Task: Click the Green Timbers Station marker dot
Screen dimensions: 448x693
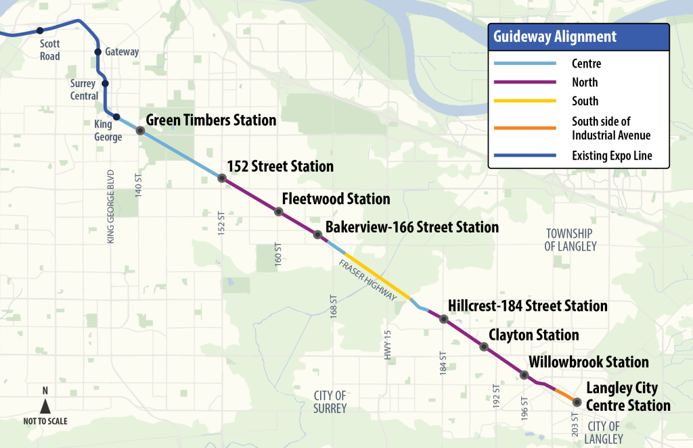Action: pyautogui.click(x=140, y=130)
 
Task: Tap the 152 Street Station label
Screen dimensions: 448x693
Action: pyautogui.click(x=280, y=166)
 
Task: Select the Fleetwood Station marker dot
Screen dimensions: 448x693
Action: pyautogui.click(x=278, y=211)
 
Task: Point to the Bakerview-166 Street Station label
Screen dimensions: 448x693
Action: pyautogui.click(x=412, y=228)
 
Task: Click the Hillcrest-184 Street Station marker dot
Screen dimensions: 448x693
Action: pyautogui.click(x=444, y=319)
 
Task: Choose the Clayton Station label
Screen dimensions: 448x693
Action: pyautogui.click(x=534, y=335)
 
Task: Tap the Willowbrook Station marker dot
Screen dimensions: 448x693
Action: pyautogui.click(x=524, y=374)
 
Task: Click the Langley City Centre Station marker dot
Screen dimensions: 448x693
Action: pyautogui.click(x=577, y=402)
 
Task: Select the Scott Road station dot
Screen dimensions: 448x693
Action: pyautogui.click(x=40, y=30)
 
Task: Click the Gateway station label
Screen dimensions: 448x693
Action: pyautogui.click(x=122, y=52)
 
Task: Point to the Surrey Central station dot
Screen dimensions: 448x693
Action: pyautogui.click(x=105, y=84)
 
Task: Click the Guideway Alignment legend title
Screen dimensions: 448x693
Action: pyautogui.click(x=554, y=37)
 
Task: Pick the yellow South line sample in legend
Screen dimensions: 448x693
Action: pyautogui.click(x=524, y=101)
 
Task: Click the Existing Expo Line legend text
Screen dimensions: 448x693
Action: pyautogui.click(x=612, y=156)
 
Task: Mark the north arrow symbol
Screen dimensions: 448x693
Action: pyautogui.click(x=45, y=406)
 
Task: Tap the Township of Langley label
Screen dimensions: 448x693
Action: pyautogui.click(x=571, y=240)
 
